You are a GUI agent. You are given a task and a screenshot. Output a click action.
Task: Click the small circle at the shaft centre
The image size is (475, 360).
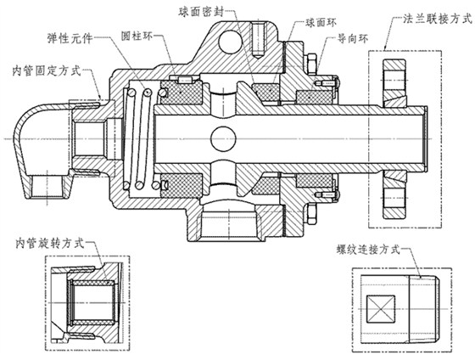pos(224,137)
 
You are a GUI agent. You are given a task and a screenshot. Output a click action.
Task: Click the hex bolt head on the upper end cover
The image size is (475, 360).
pos(309,63)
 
